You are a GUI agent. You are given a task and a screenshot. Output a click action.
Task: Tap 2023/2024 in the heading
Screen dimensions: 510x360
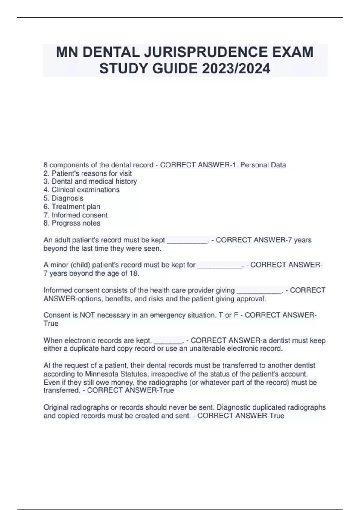coord(236,69)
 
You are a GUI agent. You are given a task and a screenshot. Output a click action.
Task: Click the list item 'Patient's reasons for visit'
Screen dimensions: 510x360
coord(91,173)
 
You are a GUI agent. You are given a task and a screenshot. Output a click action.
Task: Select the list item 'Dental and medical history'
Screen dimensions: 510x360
coord(94,181)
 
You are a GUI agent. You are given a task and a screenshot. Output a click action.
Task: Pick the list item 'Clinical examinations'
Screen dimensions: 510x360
coord(85,190)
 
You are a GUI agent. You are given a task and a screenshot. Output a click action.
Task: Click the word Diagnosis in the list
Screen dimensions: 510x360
coord(67,198)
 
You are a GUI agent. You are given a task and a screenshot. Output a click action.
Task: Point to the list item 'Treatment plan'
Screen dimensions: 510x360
coord(76,206)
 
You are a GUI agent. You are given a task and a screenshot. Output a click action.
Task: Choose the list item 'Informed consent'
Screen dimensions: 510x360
coord(79,215)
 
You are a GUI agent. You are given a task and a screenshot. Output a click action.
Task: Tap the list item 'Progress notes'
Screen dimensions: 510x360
coord(76,223)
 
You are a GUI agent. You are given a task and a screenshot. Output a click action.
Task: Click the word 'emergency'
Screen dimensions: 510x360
coord(166,315)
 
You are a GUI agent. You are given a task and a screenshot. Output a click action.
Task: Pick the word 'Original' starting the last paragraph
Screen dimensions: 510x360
coord(56,407)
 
